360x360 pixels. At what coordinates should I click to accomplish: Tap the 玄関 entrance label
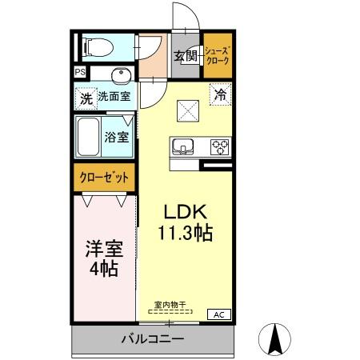(x=185, y=56)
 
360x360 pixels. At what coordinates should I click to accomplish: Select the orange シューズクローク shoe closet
(x=217, y=55)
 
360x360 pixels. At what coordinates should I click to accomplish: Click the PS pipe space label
(x=80, y=73)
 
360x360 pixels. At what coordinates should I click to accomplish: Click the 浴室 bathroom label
(x=118, y=137)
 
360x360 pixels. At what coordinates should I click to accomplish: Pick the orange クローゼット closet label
(x=105, y=177)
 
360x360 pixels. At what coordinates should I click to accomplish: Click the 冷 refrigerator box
(x=221, y=93)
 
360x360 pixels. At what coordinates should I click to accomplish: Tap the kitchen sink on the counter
(x=183, y=146)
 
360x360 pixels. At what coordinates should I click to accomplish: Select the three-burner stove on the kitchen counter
(x=220, y=146)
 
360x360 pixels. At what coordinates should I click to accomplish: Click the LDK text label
(x=186, y=212)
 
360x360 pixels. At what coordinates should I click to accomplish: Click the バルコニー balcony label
(x=152, y=339)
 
